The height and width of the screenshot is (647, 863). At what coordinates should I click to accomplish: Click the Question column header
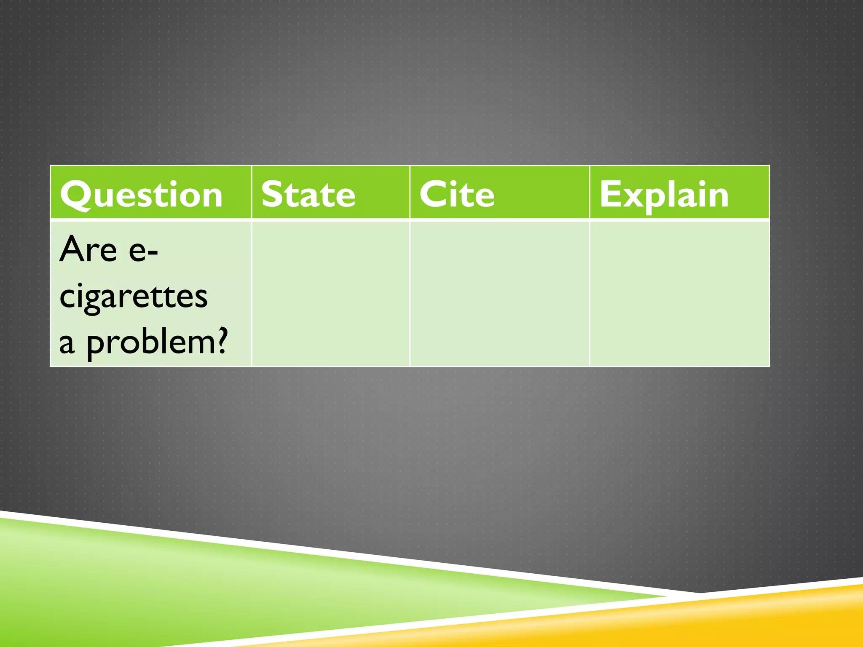pyautogui.click(x=142, y=194)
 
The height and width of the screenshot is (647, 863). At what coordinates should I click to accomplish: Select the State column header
pyautogui.click(x=308, y=194)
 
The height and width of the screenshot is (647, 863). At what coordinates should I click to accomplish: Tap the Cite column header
pyautogui.click(x=457, y=194)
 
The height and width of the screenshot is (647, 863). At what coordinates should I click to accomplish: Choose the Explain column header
pyautogui.click(x=664, y=194)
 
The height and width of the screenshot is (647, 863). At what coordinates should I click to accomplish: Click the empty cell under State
pyautogui.click(x=331, y=294)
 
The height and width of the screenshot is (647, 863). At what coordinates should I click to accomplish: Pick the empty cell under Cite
pyautogui.click(x=499, y=294)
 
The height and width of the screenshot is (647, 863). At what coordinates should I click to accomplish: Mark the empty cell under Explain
pyautogui.click(x=679, y=294)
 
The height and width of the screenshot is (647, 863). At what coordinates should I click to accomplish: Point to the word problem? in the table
pyautogui.click(x=157, y=342)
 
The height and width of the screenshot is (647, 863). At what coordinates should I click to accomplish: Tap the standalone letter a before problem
pyautogui.click(x=67, y=343)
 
